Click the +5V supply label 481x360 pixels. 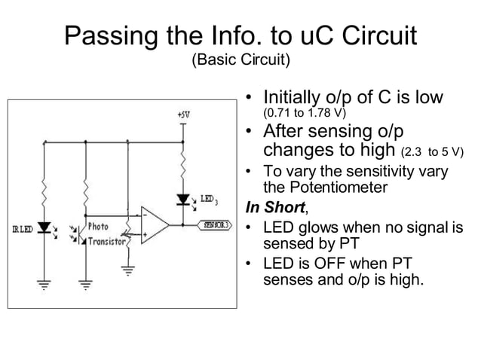click(182, 115)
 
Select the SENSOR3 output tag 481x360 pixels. click(214, 224)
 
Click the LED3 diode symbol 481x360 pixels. click(182, 200)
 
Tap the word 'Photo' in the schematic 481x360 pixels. click(99, 225)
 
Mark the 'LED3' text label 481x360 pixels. click(209, 200)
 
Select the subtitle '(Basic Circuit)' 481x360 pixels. click(240, 59)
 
